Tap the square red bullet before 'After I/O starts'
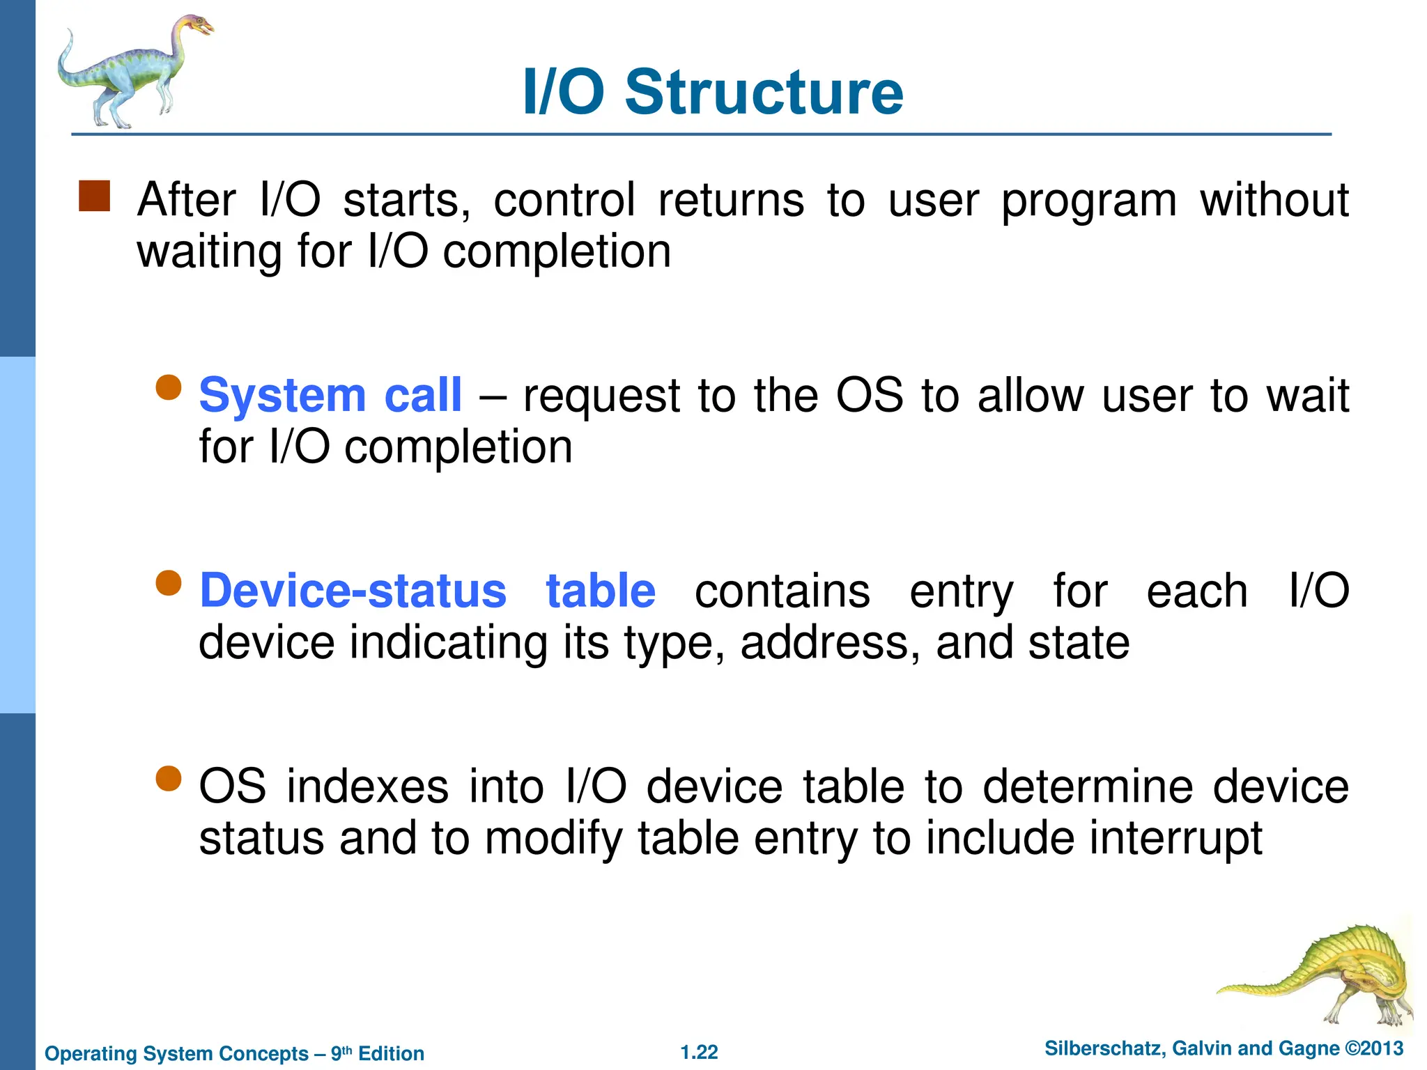click(x=94, y=196)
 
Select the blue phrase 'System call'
click(x=330, y=395)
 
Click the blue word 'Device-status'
click(x=353, y=591)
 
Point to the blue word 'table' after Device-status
click(x=600, y=591)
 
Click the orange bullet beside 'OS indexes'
click(x=168, y=779)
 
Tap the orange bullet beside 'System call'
click(x=168, y=387)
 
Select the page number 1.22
click(x=699, y=1053)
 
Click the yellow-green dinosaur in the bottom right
click(x=1324, y=975)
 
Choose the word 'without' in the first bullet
click(x=1274, y=200)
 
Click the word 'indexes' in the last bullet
click(x=367, y=786)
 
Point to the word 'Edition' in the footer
click(x=391, y=1053)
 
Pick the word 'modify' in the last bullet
click(x=553, y=839)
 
